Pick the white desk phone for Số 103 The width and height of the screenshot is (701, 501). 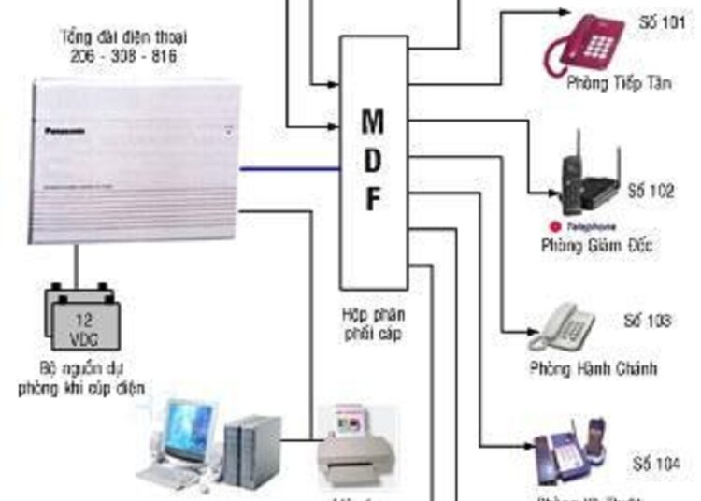[562, 326]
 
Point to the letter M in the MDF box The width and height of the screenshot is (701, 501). [372, 122]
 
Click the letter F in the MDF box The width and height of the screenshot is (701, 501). [372, 200]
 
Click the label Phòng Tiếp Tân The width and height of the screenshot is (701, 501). [607, 84]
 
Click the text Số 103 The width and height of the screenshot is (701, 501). [647, 321]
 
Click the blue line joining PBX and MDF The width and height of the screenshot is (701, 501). [289, 169]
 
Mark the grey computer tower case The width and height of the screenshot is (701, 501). [250, 450]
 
